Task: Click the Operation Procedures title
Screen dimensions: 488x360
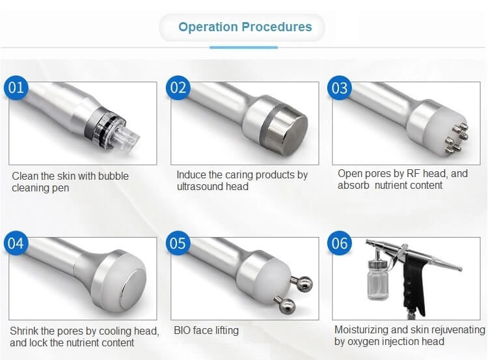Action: pyautogui.click(x=245, y=27)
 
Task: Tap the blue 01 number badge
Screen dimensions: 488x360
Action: pyautogui.click(x=16, y=88)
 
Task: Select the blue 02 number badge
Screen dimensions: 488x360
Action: pyautogui.click(x=178, y=88)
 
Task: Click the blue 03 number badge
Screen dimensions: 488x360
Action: pyautogui.click(x=340, y=88)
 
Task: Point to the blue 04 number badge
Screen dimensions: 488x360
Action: pyautogui.click(x=16, y=243)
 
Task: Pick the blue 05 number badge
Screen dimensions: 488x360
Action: pyautogui.click(x=178, y=243)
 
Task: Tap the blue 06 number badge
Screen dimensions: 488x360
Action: pyautogui.click(x=340, y=243)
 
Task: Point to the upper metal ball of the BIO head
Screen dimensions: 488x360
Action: pyautogui.click(x=303, y=284)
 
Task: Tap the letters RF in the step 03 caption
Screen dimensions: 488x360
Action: pyautogui.click(x=414, y=173)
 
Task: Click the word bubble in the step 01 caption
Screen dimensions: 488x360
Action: pyautogui.click(x=113, y=176)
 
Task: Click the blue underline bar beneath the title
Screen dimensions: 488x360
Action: pyautogui.click(x=244, y=48)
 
